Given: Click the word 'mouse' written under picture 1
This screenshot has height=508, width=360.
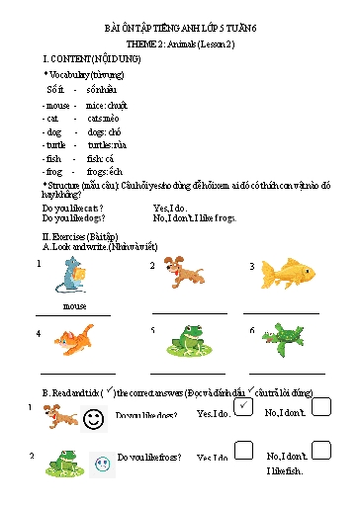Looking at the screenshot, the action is click(74, 306).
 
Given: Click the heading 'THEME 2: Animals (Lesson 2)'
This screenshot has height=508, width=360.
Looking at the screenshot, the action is click(179, 45).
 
